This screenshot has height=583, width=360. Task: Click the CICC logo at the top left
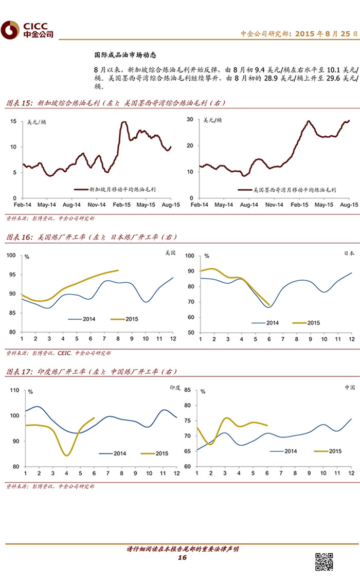coord(27,30)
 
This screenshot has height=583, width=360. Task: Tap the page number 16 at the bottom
coord(182,558)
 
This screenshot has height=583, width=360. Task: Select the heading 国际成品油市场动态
coord(125,54)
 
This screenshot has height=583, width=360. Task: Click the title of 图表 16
coord(92,237)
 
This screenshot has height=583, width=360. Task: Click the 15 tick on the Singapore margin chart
coord(14,121)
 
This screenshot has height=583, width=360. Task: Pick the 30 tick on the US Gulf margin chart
coord(190,119)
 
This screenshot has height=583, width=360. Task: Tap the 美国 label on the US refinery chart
coord(170,253)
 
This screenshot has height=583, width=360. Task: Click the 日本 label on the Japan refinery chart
coord(349,253)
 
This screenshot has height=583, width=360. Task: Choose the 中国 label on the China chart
coord(349,388)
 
